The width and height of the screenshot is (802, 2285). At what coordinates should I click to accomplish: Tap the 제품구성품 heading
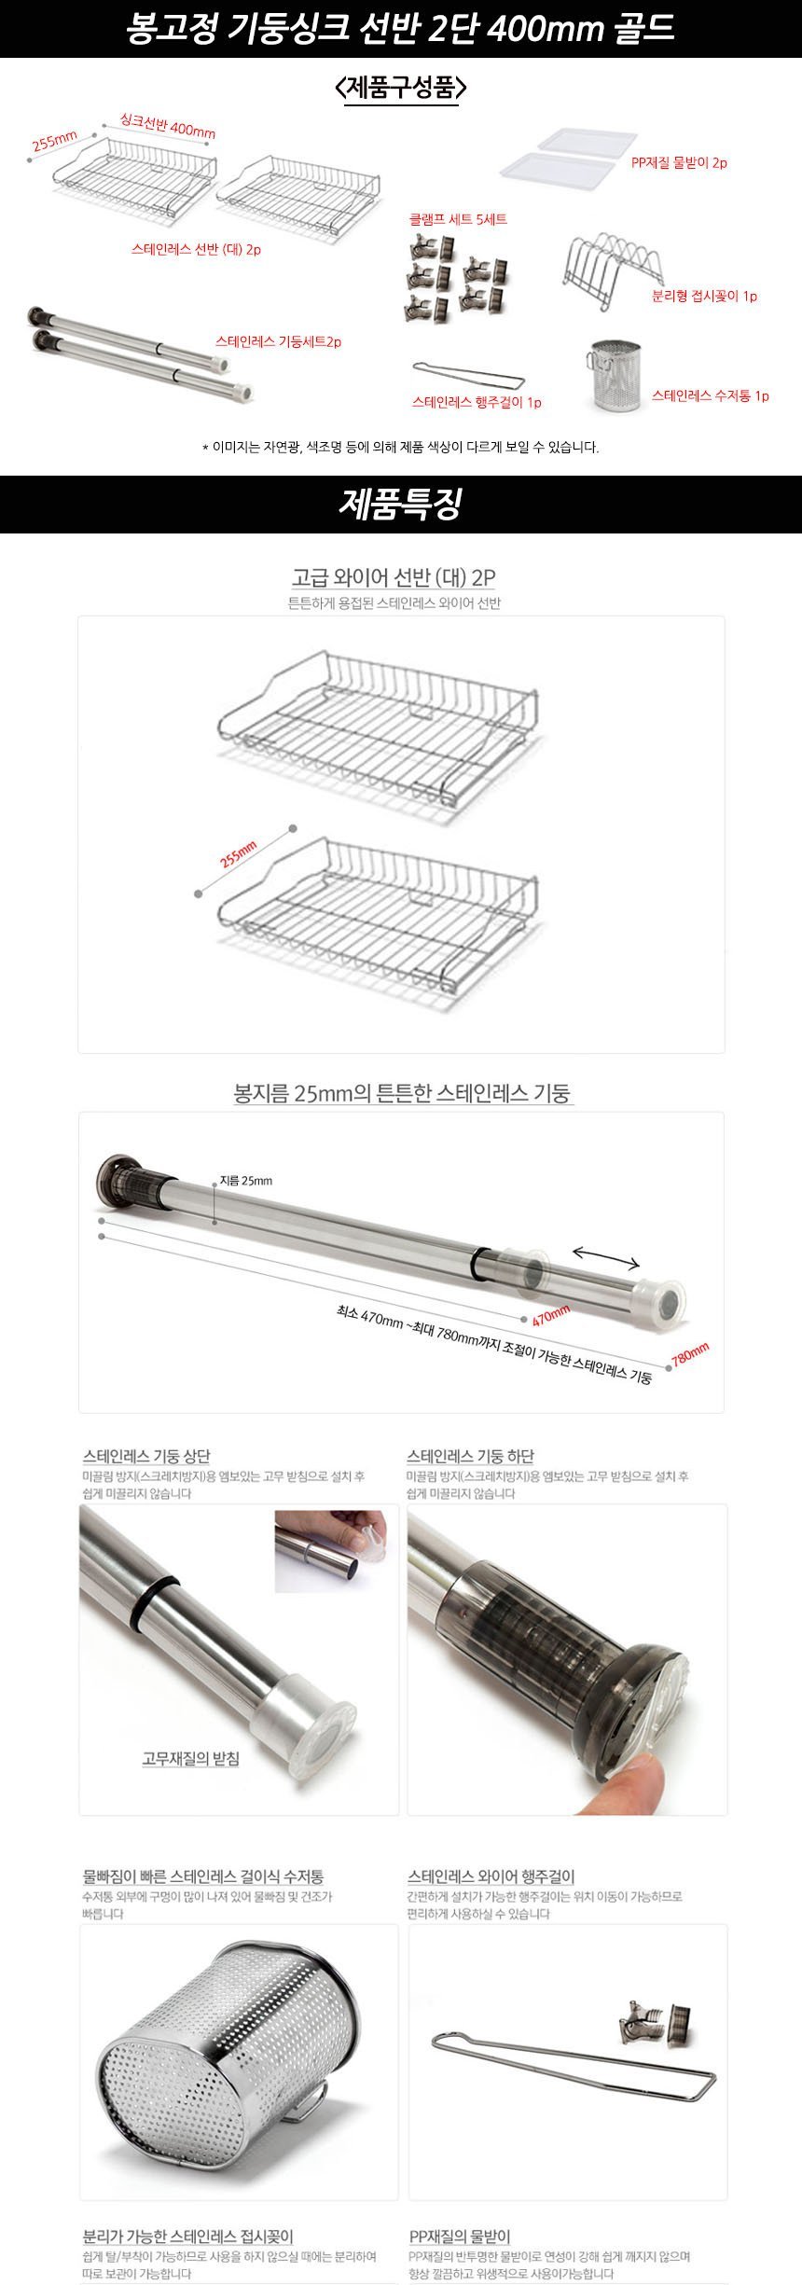pyautogui.click(x=400, y=88)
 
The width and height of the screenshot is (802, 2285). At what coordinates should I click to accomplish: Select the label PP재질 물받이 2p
pyautogui.click(x=679, y=162)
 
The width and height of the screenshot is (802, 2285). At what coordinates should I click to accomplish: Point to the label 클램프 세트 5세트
pyautogui.click(x=458, y=220)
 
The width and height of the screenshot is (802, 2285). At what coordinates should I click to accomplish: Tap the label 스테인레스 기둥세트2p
pyautogui.click(x=279, y=341)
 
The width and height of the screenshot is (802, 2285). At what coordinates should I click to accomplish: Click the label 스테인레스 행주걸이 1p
pyautogui.click(x=477, y=403)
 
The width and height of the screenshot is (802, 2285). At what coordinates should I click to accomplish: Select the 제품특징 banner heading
pyautogui.click(x=400, y=505)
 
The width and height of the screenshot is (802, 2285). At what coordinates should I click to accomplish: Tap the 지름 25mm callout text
pyautogui.click(x=246, y=1181)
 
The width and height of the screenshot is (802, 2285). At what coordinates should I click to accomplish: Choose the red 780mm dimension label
pyautogui.click(x=690, y=1353)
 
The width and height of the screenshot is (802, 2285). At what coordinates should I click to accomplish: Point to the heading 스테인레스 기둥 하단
pyautogui.click(x=470, y=1456)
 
